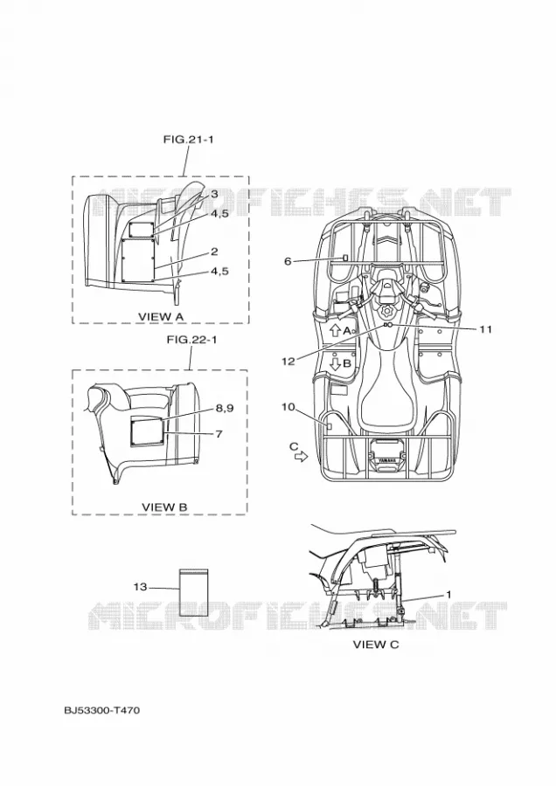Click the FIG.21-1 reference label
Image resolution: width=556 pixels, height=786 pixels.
point(188,140)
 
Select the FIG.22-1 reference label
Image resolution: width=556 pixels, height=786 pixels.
point(191,340)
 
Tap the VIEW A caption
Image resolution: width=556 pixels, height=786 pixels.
point(161,316)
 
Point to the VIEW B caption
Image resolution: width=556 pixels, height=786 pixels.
point(164,507)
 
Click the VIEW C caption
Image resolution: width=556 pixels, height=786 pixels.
point(376,645)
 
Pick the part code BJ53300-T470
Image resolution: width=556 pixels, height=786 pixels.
point(102,710)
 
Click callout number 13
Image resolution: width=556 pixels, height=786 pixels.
point(141,587)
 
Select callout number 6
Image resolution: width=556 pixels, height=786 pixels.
point(288,261)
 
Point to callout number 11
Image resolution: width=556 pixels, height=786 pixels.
point(485,329)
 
